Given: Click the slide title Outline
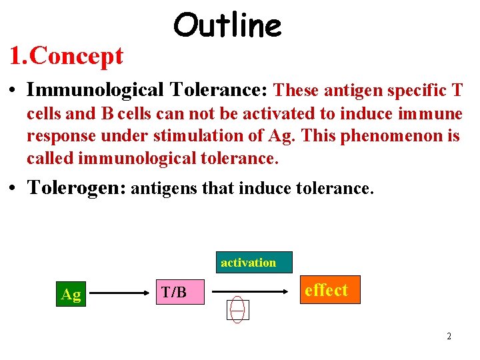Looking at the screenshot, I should pos(227,26).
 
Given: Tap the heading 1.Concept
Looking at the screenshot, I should pos(66,56).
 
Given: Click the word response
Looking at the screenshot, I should pos(54,136).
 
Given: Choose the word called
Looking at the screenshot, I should pos(50,159).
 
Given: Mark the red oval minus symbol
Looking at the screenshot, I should pos(238,309).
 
